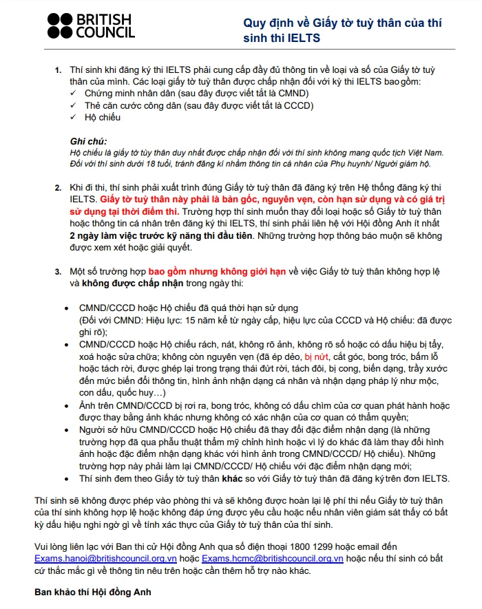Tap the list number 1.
tap(57, 72)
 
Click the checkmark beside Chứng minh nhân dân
tap(74, 94)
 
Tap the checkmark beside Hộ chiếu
tap(74, 117)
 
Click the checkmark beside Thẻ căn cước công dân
tap(74, 105)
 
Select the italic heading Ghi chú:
tap(90, 141)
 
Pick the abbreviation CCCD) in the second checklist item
tap(299, 105)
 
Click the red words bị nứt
tap(317, 356)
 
